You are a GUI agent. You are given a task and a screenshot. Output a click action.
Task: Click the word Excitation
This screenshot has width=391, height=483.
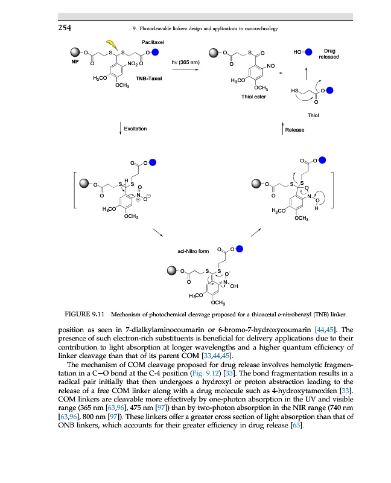pos(135,129)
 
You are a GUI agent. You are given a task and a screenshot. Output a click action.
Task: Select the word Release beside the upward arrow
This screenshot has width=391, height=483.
pos(294,129)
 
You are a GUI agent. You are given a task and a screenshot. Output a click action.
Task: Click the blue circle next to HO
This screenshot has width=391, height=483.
pos(308,52)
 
